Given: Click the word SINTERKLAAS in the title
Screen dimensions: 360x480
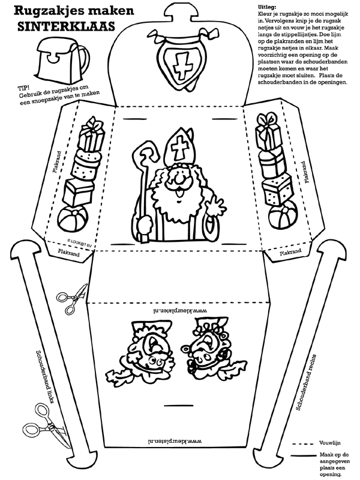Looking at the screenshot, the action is [x=66, y=26].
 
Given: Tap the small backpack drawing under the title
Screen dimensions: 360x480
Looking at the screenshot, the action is [x=63, y=59].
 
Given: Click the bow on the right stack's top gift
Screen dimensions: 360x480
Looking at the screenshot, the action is [x=266, y=121].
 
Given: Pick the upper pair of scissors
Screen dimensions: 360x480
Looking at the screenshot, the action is [x=72, y=298].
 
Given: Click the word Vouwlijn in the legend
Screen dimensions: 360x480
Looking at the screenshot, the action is [x=329, y=443].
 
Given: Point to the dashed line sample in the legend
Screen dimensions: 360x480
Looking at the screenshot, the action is [x=303, y=443].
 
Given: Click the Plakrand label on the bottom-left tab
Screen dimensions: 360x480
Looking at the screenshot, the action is [x=68, y=253].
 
